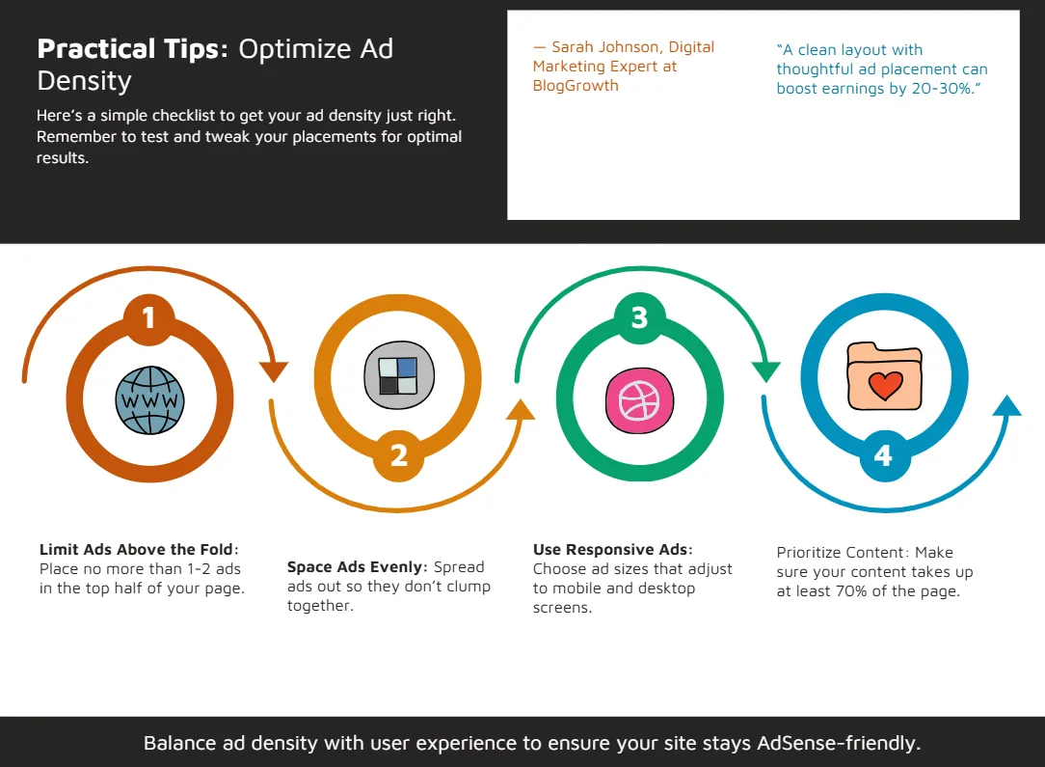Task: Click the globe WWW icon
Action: point(150,400)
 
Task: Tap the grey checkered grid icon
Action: point(398,375)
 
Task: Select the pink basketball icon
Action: point(639,400)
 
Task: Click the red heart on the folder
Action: point(885,385)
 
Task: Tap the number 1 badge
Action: point(149,318)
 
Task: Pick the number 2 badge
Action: point(398,455)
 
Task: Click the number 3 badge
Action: point(640,318)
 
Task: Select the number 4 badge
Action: point(884,455)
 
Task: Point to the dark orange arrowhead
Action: point(273,370)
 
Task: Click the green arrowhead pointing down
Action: point(765,370)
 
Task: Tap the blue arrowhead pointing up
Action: point(1007,406)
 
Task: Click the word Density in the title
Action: point(84,81)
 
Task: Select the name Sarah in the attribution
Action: point(573,46)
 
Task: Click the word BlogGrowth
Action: point(576,85)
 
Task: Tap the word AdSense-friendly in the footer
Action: point(839,743)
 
